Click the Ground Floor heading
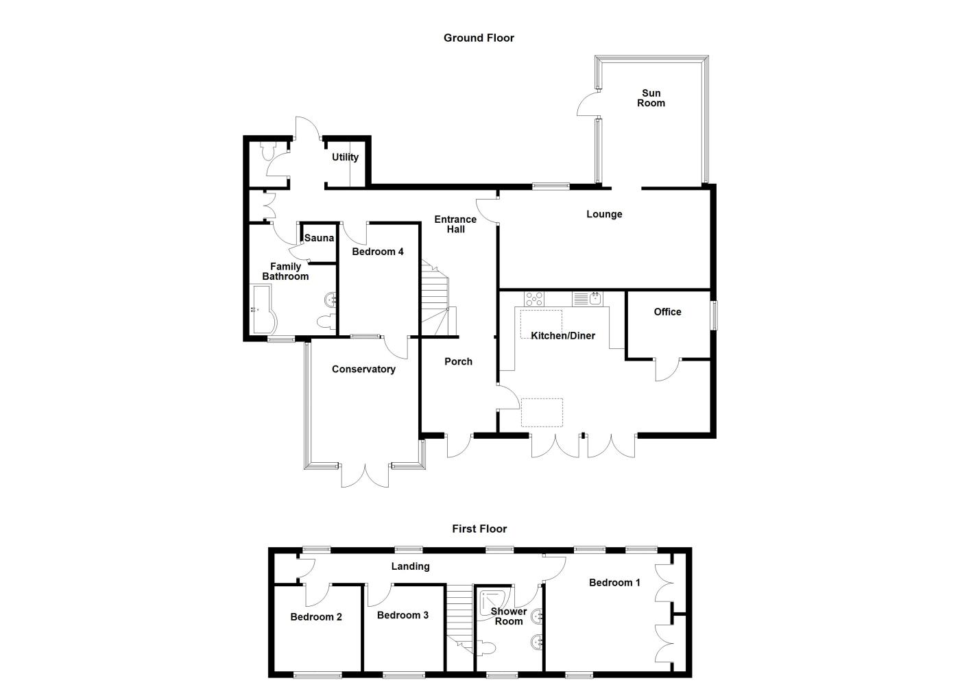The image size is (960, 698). (x=479, y=38)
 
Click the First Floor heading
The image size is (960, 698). (x=479, y=529)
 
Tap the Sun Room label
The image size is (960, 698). (x=651, y=98)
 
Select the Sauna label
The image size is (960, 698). (x=319, y=238)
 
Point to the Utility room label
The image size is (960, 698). (x=345, y=157)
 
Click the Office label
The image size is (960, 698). (x=667, y=311)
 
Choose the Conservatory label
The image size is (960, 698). (x=363, y=369)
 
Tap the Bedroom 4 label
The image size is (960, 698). (x=378, y=252)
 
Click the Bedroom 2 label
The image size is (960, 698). (x=316, y=616)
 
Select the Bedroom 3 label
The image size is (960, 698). (x=403, y=615)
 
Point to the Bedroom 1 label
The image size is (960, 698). (x=614, y=582)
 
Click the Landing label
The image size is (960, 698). (x=410, y=566)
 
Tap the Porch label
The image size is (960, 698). (x=458, y=361)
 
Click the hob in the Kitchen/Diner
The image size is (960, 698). (x=534, y=299)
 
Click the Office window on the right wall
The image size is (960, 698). (x=713, y=316)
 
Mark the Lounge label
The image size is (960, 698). (x=604, y=214)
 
